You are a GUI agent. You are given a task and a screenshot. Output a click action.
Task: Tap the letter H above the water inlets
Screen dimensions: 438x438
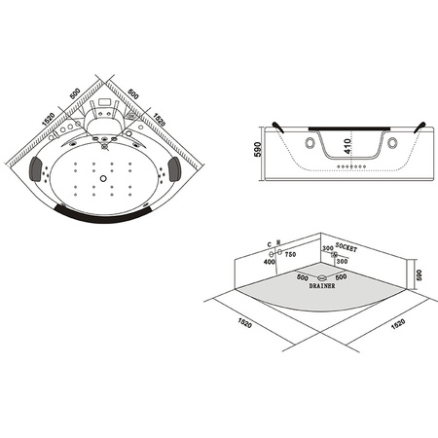[x=278, y=241]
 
